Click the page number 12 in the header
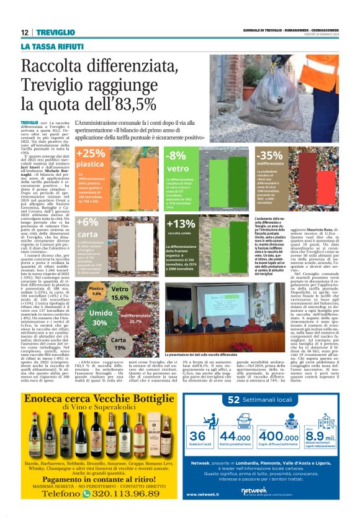pos(25,33)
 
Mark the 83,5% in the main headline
pos(120,103)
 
